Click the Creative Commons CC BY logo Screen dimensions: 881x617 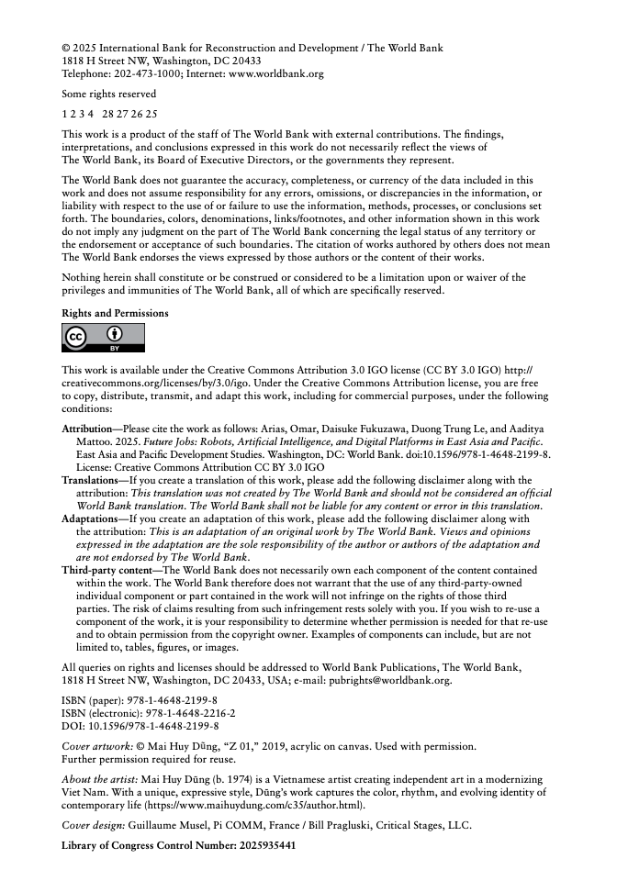(x=103, y=339)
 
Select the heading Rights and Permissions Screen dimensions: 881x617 (x=115, y=313)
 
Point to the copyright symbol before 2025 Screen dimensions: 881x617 (x=66, y=48)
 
